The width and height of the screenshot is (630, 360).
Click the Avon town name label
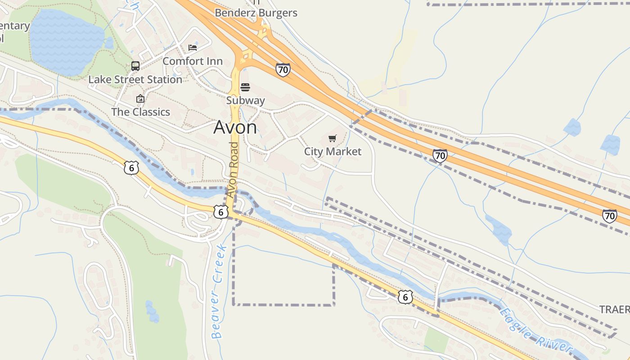coord(235,127)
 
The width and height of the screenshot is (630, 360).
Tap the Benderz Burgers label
coord(256,13)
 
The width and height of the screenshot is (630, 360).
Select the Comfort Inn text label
coord(193,61)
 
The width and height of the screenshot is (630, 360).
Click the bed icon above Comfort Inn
coord(193,47)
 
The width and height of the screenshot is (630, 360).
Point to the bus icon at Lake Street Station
coord(135,66)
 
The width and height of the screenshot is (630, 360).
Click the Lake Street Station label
coord(135,80)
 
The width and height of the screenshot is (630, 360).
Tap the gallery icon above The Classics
coord(140,99)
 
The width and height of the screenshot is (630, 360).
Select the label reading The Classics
coord(140,112)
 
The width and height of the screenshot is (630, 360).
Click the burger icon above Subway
coord(245,87)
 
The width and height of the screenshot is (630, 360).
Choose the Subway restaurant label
coord(245,100)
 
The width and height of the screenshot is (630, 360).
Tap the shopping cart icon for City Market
coord(333,138)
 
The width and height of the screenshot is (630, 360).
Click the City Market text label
coord(333,152)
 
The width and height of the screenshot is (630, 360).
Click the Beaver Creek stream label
coord(218,292)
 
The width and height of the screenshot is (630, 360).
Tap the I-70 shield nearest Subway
coord(283,70)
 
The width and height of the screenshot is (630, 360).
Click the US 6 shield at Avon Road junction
coord(220,212)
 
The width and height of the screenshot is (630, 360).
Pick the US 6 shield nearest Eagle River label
coord(405,297)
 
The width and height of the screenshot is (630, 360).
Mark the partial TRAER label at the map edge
coord(615,310)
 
